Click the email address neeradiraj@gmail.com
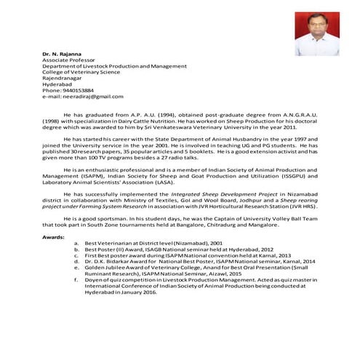[x=87, y=96]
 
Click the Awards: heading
[x=54, y=237]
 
